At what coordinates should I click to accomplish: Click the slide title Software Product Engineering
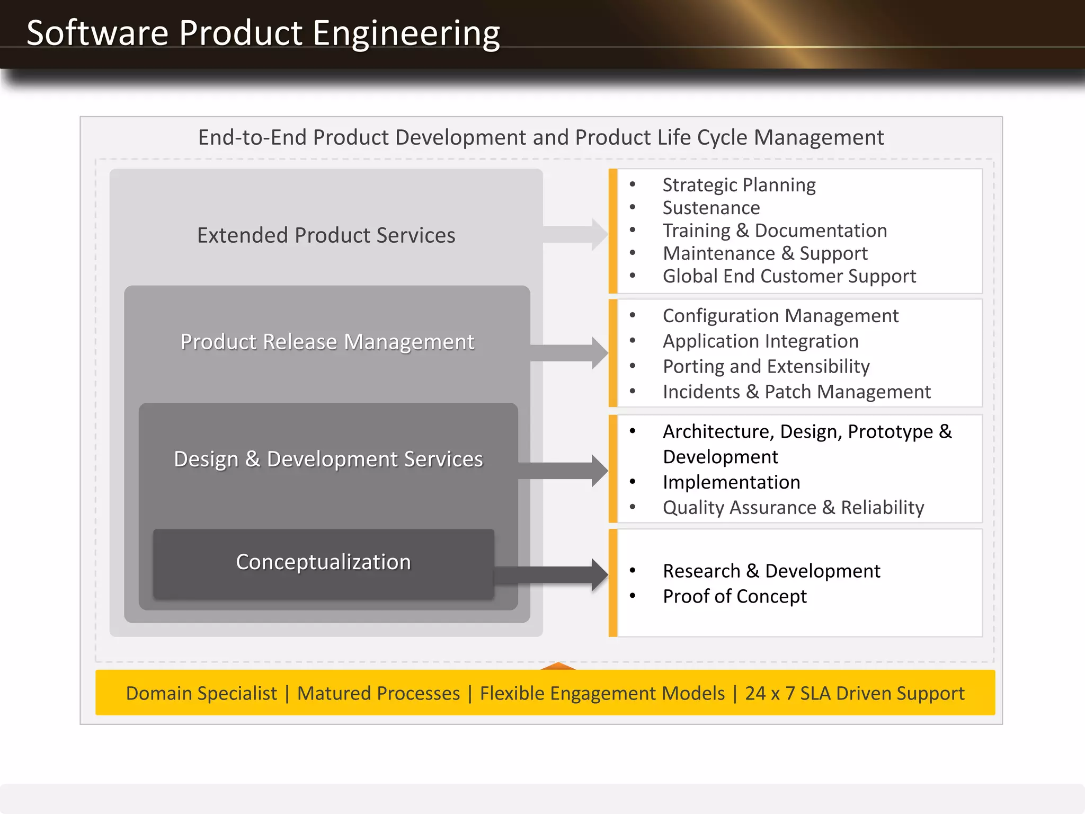coord(263,33)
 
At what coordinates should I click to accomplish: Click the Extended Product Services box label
coord(326,235)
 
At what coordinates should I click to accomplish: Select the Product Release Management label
coord(327,342)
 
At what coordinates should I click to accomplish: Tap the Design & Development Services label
coord(328,459)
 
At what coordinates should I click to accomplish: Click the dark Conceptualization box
coord(323,562)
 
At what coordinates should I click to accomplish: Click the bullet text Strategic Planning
coord(739,185)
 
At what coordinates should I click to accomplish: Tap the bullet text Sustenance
coord(711,208)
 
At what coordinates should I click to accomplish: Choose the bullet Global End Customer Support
coord(789,276)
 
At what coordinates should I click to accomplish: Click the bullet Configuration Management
coord(780,316)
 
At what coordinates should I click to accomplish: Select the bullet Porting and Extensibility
coord(766,366)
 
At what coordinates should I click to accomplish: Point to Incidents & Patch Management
coord(796,392)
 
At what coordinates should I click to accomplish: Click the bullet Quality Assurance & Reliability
coord(793,508)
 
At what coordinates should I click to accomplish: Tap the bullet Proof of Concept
coord(734,597)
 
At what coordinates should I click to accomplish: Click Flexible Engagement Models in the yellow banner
coord(602,693)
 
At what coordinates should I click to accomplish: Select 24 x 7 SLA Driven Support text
coord(854,693)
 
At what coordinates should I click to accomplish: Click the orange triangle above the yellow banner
coord(558,666)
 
